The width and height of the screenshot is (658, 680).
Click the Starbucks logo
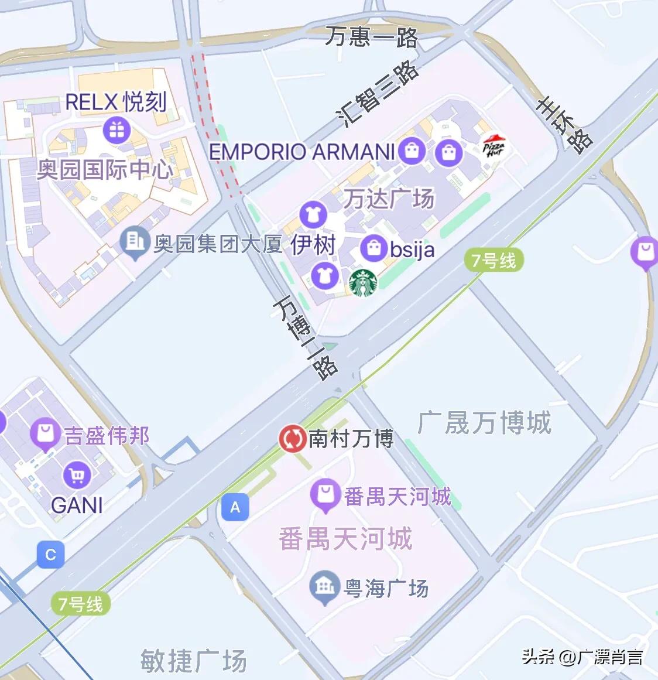click(363, 283)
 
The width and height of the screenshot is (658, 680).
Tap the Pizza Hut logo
click(493, 146)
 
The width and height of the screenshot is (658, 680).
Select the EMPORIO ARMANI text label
click(302, 152)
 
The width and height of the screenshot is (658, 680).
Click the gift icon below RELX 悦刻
click(116, 130)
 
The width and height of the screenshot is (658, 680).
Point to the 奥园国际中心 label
click(105, 170)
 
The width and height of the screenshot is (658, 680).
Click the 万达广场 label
click(389, 199)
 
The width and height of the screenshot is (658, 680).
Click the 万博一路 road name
click(305, 337)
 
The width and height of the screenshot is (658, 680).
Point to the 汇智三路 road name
click(379, 94)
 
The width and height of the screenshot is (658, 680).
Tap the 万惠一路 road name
click(372, 37)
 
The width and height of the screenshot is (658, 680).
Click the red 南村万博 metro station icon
click(292, 439)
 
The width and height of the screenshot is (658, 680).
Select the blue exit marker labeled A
click(235, 507)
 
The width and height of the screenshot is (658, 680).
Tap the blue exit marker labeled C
click(50, 555)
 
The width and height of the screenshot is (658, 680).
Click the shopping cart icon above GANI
click(77, 475)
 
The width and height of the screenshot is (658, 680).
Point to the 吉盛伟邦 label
click(107, 436)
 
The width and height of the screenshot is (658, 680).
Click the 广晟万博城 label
click(485, 422)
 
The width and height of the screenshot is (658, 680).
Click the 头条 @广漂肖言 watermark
click(582, 657)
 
